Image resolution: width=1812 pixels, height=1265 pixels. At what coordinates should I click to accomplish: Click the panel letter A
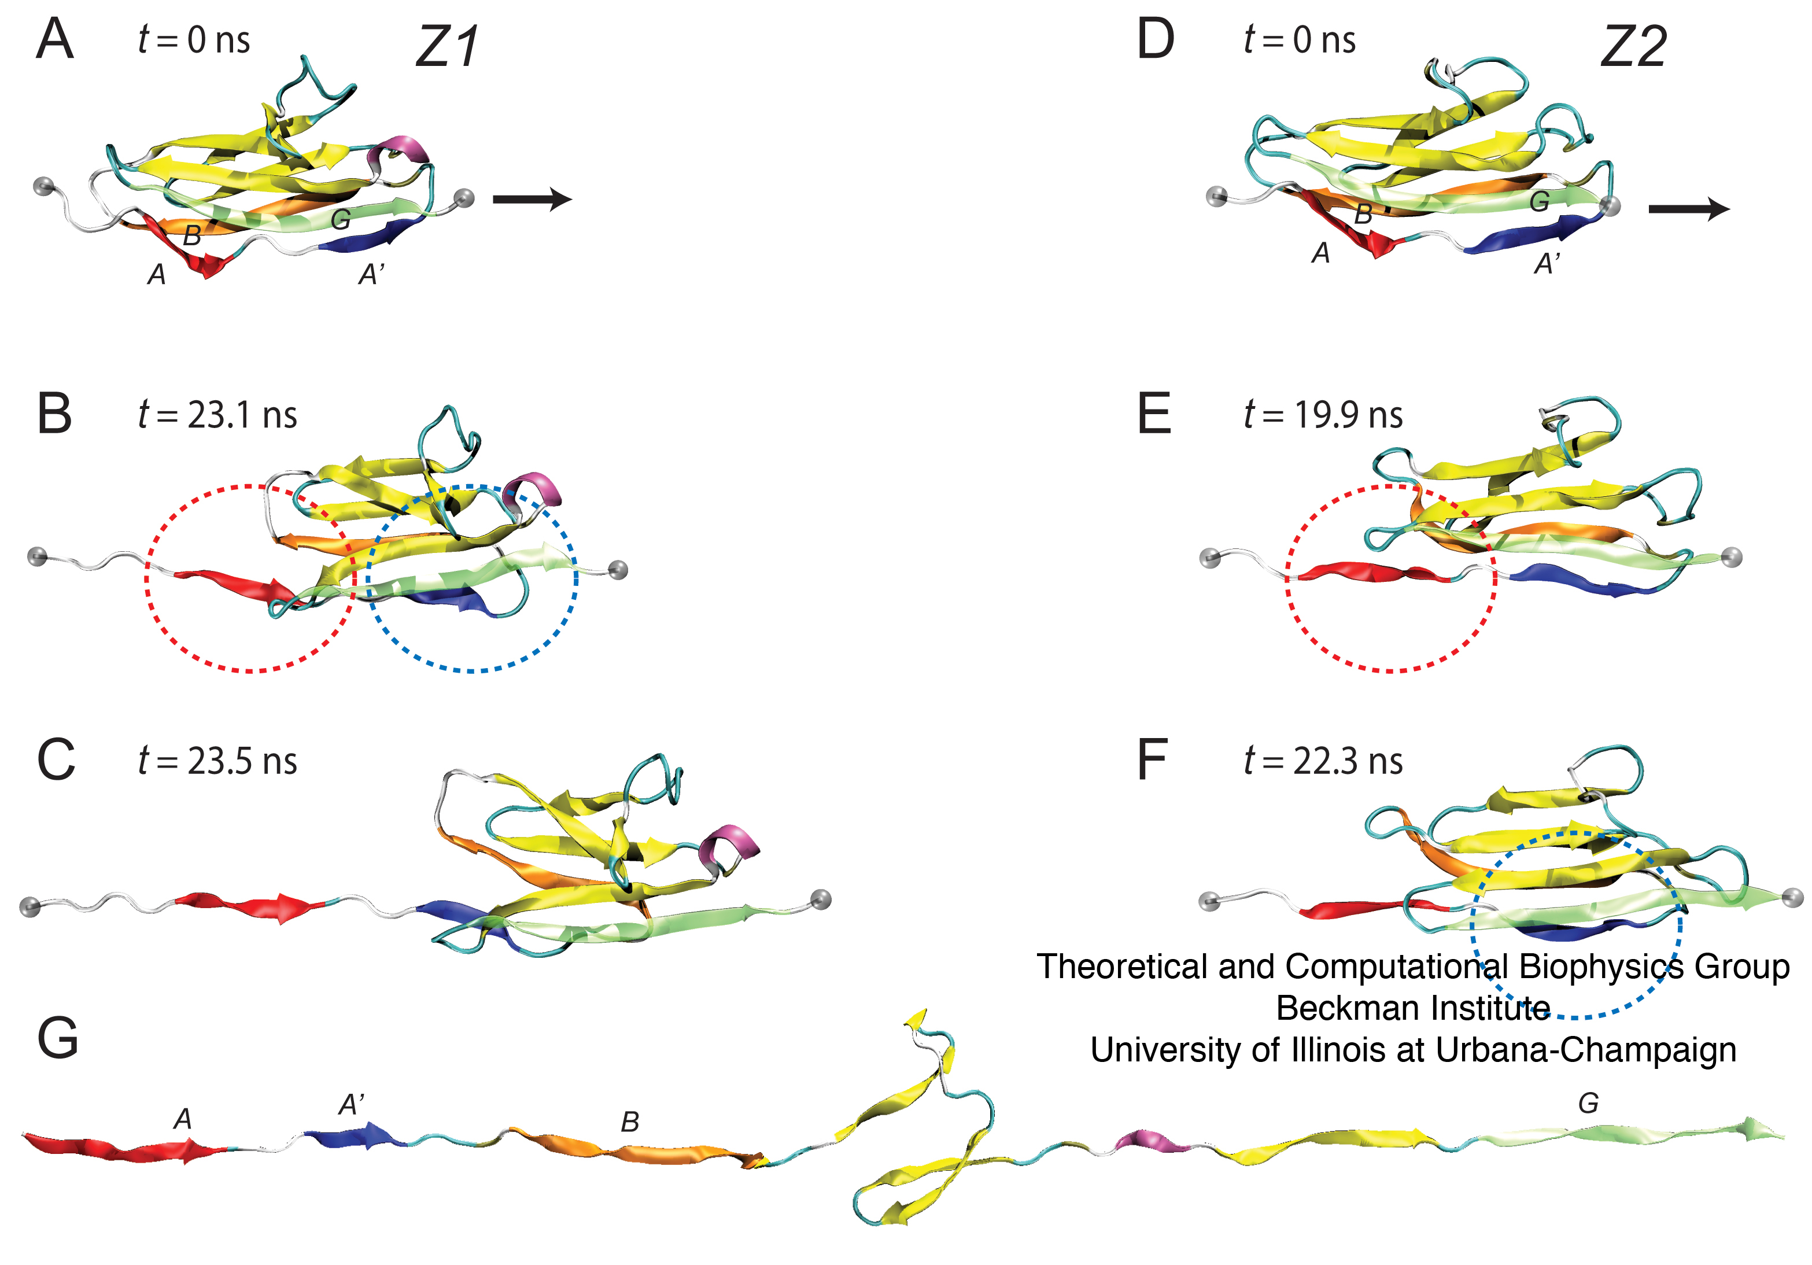(54, 39)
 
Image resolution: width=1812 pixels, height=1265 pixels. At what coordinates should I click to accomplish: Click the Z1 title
(446, 47)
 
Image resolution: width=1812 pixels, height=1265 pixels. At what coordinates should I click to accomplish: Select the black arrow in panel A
(532, 199)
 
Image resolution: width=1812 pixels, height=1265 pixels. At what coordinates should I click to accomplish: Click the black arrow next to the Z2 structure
(1688, 209)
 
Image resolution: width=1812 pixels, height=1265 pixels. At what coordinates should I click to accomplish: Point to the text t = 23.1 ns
(217, 414)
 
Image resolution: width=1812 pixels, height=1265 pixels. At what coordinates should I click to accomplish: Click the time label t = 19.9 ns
(1323, 414)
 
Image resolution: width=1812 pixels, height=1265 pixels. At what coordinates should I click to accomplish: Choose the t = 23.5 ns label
(217, 761)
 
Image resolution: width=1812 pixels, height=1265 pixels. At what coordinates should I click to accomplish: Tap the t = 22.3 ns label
(1323, 761)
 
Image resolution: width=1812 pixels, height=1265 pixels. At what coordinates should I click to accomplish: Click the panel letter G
(58, 1037)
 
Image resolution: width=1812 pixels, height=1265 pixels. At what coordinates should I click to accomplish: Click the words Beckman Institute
(1413, 1008)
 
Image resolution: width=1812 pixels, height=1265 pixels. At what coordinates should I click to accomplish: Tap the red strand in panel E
(1369, 571)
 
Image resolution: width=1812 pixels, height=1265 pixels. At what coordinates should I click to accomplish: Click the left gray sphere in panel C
(30, 907)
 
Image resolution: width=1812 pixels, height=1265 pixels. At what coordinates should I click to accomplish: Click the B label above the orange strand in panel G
(630, 1122)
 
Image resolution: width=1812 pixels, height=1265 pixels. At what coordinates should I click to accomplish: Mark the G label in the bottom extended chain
(1588, 1102)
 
